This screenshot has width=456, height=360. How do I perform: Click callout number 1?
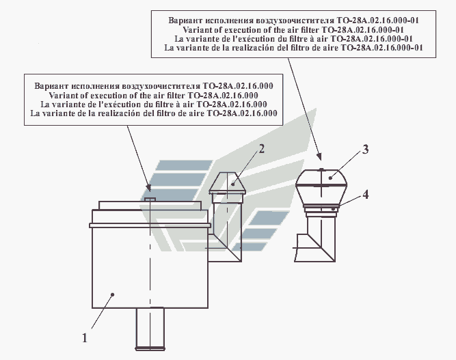click(x=85, y=338)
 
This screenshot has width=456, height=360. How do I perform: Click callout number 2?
click(x=262, y=149)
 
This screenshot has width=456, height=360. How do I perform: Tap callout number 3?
click(x=365, y=150)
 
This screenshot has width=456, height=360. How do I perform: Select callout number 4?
click(x=366, y=195)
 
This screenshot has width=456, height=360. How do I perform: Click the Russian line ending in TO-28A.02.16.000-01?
click(x=293, y=20)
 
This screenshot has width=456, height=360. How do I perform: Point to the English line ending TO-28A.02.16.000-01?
click(x=293, y=29)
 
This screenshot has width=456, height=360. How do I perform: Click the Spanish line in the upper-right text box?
click(x=293, y=48)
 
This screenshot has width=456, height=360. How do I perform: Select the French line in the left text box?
click(x=154, y=105)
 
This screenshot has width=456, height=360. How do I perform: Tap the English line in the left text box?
click(x=154, y=96)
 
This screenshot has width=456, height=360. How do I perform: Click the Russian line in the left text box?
click(x=154, y=86)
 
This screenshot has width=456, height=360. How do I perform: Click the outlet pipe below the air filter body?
click(x=150, y=329)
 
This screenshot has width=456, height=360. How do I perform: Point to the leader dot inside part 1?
click(x=113, y=294)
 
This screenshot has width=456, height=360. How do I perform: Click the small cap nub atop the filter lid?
click(x=150, y=199)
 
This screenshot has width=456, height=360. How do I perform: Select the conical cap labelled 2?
click(x=228, y=183)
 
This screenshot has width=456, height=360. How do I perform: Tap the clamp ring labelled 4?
click(x=321, y=208)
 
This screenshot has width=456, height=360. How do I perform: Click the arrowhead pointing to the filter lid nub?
click(x=148, y=188)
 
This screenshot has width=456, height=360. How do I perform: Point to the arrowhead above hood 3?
click(x=320, y=156)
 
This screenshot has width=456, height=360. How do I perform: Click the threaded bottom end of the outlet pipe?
click(x=150, y=348)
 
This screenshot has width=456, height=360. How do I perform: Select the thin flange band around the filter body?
click(x=150, y=225)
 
